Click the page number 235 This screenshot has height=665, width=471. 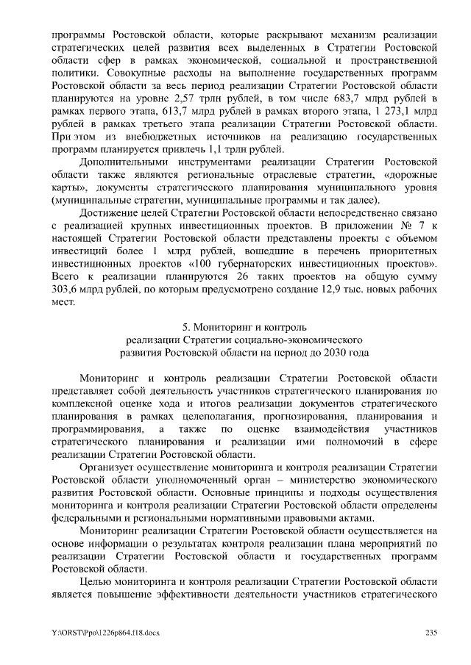pos(432,633)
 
